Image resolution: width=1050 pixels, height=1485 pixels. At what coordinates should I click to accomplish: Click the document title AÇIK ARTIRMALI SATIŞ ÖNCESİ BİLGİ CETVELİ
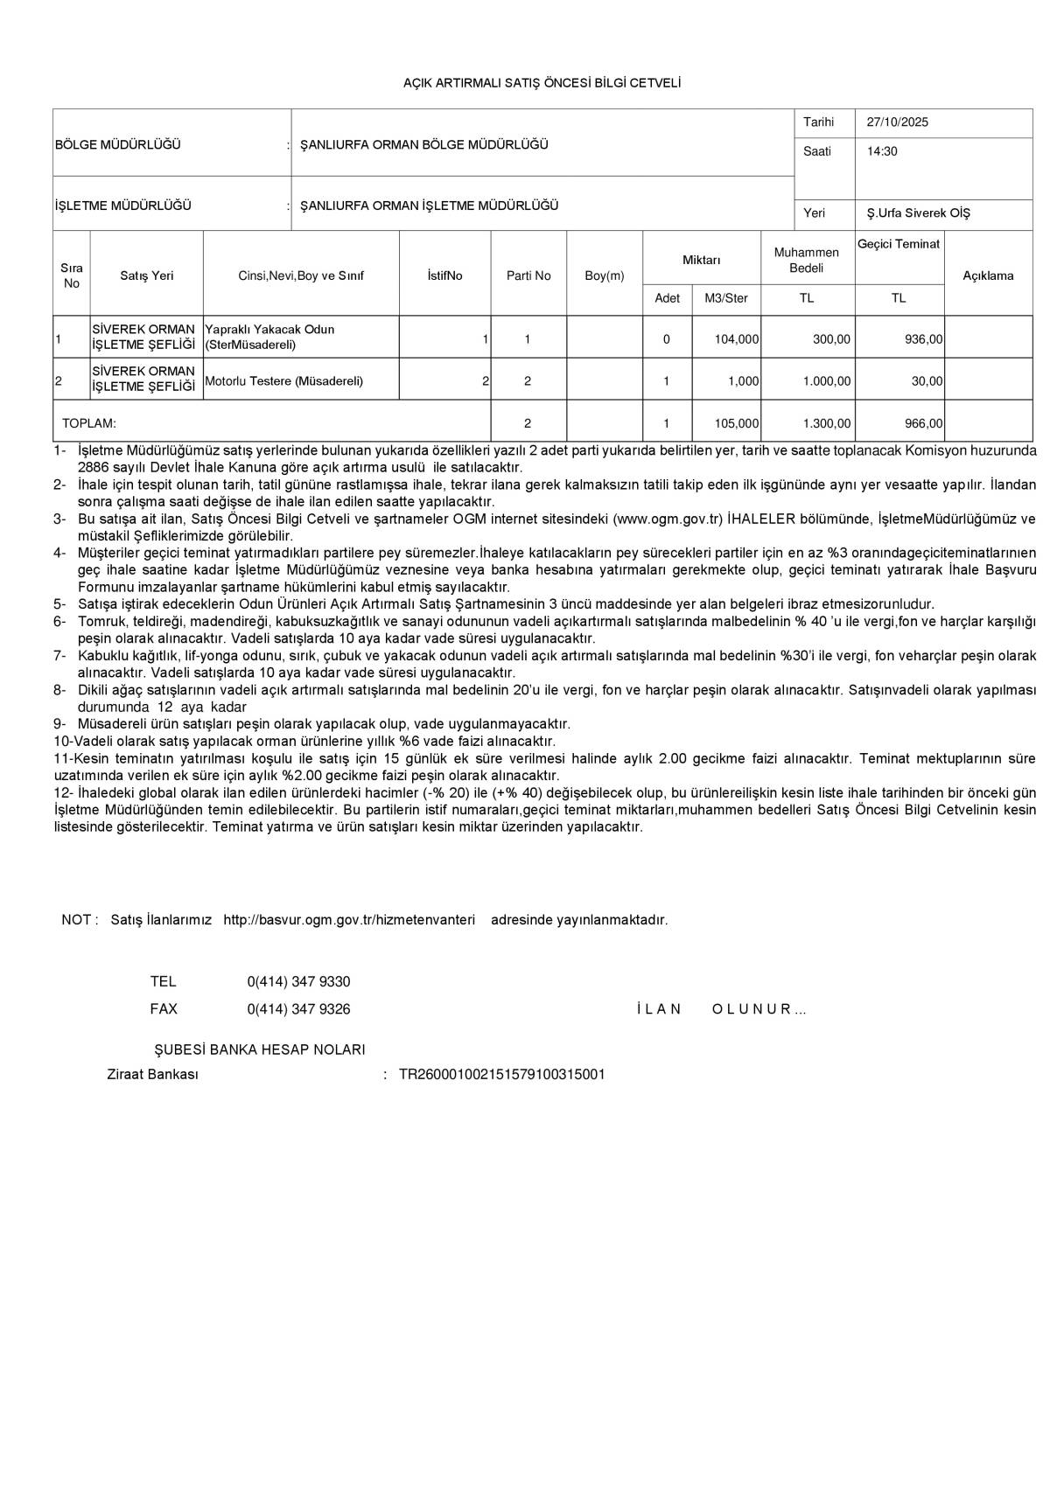click(541, 83)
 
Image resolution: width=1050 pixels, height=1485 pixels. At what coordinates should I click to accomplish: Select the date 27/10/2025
click(897, 122)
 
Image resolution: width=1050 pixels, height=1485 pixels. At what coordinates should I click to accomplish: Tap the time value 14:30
click(882, 151)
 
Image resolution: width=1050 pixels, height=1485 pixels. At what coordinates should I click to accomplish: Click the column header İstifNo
click(444, 275)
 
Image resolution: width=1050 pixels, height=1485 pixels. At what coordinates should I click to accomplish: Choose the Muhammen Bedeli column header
click(806, 260)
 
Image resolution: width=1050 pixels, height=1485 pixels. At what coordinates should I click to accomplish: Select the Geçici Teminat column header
click(899, 245)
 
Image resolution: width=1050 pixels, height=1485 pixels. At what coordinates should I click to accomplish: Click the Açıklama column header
click(988, 275)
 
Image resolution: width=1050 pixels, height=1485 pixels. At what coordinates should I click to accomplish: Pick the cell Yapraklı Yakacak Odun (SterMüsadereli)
click(269, 337)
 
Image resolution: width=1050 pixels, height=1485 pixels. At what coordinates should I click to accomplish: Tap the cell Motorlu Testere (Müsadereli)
click(283, 381)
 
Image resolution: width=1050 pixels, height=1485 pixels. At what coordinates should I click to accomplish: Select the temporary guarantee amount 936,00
click(924, 339)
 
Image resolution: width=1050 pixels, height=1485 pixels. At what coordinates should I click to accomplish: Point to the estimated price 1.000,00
click(827, 381)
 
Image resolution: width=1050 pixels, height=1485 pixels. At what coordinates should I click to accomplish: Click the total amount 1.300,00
click(827, 423)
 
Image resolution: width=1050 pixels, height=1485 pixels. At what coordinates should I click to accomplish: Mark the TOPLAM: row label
click(89, 423)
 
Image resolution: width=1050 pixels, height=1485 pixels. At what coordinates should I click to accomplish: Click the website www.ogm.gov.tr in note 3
click(668, 519)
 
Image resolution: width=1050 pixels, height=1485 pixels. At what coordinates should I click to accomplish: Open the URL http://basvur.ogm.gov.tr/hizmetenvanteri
click(349, 920)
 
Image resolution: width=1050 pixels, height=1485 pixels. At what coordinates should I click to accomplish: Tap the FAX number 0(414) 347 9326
click(298, 1009)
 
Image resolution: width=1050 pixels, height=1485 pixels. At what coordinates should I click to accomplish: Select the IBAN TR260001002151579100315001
click(501, 1075)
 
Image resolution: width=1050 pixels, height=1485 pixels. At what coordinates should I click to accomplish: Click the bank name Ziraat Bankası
click(152, 1075)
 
